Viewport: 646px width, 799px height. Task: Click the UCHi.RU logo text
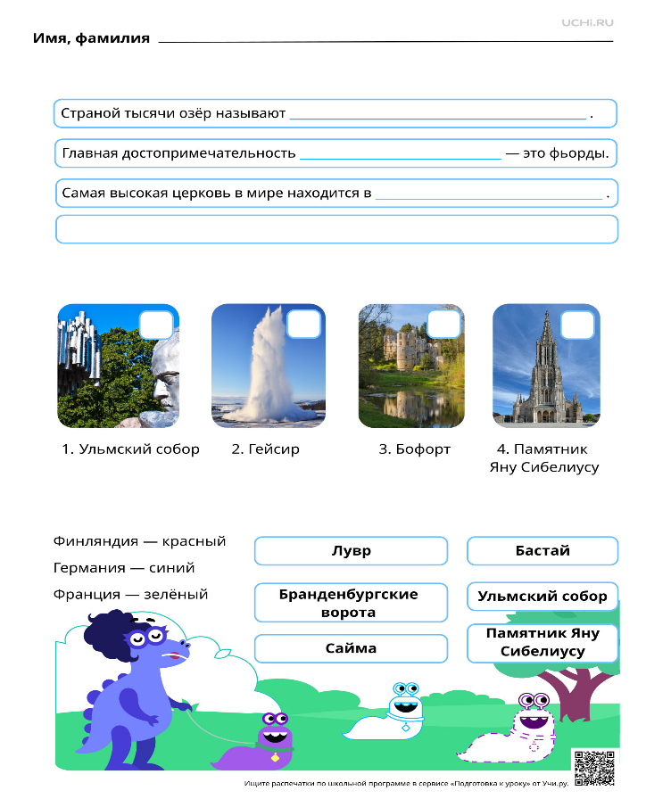coord(587,22)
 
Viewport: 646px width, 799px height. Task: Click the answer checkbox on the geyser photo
coord(304,324)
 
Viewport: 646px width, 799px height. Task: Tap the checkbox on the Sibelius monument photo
coord(156,325)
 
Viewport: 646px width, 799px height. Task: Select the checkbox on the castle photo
coord(444,324)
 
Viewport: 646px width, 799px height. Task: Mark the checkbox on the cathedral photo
coord(577,325)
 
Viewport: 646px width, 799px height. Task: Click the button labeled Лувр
coord(352,551)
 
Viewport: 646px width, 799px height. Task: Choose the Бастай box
coord(542,551)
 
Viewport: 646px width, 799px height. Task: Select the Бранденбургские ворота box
coord(352,603)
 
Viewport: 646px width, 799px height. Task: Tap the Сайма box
coord(352,648)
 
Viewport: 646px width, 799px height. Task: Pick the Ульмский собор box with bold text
coord(542,597)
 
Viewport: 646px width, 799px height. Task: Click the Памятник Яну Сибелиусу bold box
coord(542,643)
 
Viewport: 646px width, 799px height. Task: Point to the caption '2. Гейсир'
coord(266,449)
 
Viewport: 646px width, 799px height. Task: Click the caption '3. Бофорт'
coord(415,449)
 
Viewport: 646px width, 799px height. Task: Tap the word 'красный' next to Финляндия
coord(194,541)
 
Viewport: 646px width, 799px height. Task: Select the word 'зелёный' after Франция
coord(176,595)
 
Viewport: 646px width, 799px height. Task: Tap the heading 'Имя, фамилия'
coord(91,38)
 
